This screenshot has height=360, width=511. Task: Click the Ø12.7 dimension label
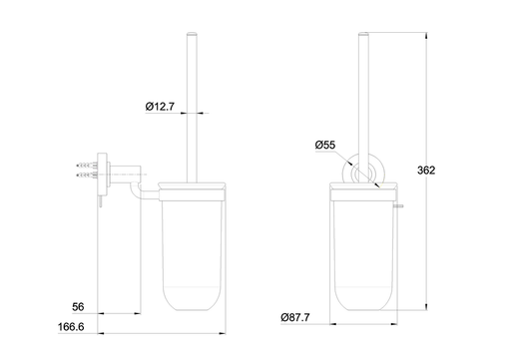(160, 107)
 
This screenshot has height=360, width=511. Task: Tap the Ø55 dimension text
(325, 145)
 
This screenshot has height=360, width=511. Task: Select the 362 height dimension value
(426, 171)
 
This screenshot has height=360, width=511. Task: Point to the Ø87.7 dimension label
(295, 317)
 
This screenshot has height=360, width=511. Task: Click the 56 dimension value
(78, 307)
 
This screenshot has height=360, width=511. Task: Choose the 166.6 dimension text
(71, 327)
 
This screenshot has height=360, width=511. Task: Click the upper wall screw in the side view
(87, 165)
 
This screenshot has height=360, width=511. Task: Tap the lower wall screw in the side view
(87, 175)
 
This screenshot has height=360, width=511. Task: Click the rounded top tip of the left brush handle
(192, 34)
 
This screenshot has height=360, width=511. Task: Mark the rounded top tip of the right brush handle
(363, 34)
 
